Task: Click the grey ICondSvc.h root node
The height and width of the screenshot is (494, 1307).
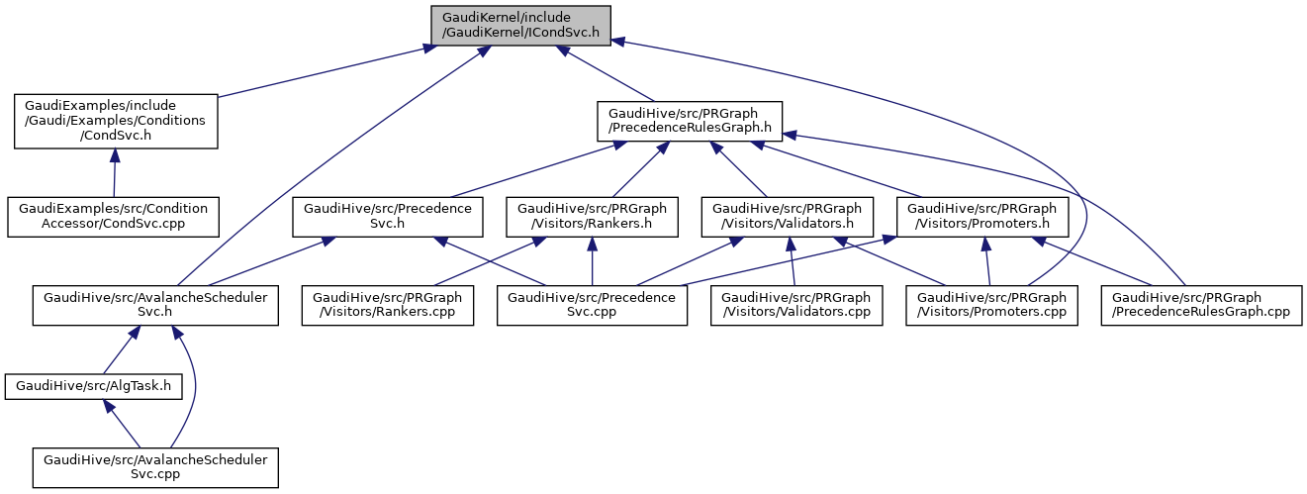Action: coord(519,24)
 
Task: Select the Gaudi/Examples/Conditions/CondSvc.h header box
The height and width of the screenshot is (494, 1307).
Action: coord(115,121)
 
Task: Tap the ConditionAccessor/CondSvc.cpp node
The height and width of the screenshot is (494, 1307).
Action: coord(114,217)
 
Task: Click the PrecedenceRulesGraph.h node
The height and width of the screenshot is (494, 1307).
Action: coord(690,121)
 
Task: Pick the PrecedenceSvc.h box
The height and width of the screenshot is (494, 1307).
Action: coord(388,217)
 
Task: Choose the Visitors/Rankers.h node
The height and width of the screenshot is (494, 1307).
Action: coord(592,217)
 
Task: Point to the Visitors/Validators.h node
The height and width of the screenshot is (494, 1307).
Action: coord(787,217)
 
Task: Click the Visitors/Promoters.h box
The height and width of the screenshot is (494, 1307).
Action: coord(980,217)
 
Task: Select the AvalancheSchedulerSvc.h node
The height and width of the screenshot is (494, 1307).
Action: coord(155,306)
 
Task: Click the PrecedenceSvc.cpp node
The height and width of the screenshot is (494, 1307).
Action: coord(592,306)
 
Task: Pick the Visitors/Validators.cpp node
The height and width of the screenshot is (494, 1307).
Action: coord(795,306)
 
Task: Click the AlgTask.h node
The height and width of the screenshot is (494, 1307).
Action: coord(94,386)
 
